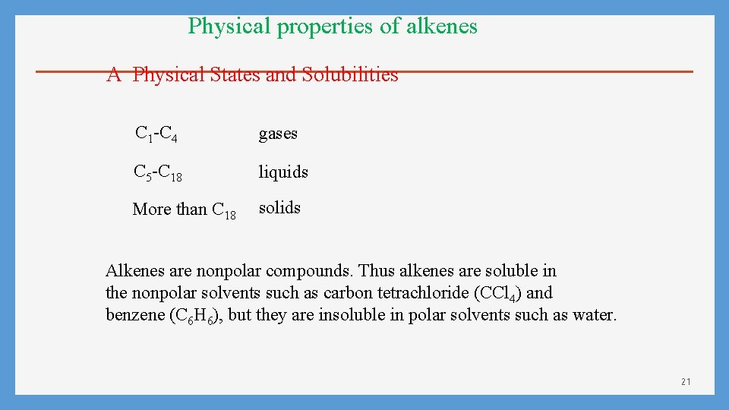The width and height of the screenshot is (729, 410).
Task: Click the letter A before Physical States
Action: click(x=114, y=74)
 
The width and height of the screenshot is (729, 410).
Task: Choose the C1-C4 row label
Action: click(x=156, y=134)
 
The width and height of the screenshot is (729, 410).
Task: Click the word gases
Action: click(x=278, y=134)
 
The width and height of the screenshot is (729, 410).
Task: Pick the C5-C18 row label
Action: click(x=157, y=173)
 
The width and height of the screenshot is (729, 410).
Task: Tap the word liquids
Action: click(x=283, y=172)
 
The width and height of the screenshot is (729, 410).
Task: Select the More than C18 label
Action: click(x=184, y=210)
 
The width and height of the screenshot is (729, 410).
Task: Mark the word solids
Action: click(x=279, y=208)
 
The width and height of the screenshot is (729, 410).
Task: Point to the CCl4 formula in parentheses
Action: click(x=497, y=293)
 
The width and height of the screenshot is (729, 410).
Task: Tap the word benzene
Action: click(x=134, y=314)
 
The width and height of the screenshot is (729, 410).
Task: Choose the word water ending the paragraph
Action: click(x=593, y=314)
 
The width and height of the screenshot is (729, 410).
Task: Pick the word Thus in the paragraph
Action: click(x=376, y=271)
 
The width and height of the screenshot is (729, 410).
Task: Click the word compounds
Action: click(x=310, y=271)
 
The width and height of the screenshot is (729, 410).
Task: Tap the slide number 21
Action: click(x=686, y=381)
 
